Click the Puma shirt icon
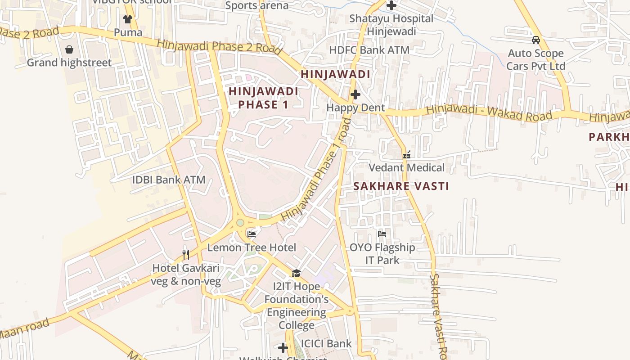[x=128, y=19]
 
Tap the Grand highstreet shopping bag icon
[x=69, y=49]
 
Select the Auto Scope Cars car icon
[x=535, y=40]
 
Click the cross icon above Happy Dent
[x=355, y=94]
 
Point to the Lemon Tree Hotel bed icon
[x=252, y=234]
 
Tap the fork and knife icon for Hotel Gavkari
[x=185, y=255]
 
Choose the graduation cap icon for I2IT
[x=296, y=273]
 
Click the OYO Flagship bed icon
[x=382, y=234]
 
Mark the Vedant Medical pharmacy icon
[x=407, y=155]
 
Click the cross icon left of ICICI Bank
[x=283, y=347]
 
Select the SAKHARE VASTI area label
[x=401, y=186]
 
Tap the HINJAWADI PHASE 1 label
[x=263, y=98]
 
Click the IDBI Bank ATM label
[x=168, y=180]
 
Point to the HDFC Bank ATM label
[x=369, y=50]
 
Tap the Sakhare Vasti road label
[x=439, y=315]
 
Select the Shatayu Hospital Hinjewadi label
[x=391, y=25]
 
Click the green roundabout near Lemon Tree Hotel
[x=240, y=222]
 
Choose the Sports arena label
[x=256, y=5]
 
